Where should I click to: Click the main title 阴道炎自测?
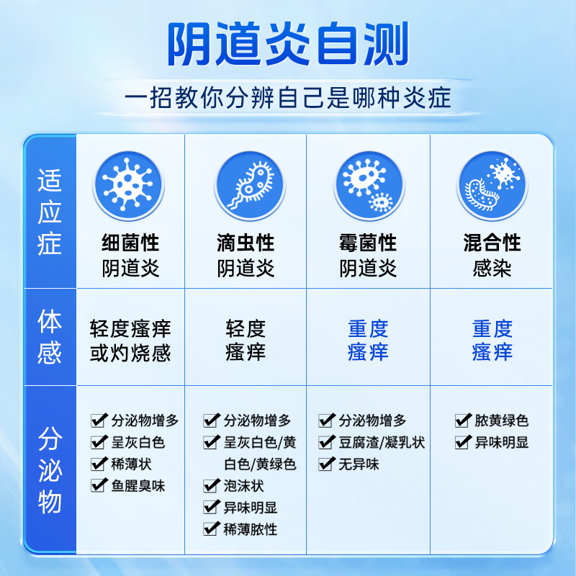[x=288, y=45]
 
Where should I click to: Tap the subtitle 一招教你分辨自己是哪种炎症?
[x=288, y=97]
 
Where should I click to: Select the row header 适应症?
[x=50, y=212]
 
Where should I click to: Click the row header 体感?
[x=50, y=337]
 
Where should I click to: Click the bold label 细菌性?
[x=130, y=242]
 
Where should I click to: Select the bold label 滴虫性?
[x=246, y=242]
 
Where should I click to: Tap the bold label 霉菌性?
[x=368, y=242]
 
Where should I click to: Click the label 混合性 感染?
[x=492, y=255]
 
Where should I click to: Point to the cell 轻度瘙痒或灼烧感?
[x=130, y=341]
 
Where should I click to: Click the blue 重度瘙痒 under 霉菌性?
[x=368, y=341]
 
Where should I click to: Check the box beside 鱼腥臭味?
[x=99, y=485]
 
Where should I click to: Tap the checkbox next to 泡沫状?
[x=211, y=485]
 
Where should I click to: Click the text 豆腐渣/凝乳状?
[x=382, y=442]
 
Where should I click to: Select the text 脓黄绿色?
[x=502, y=420]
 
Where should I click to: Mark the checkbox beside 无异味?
[x=326, y=464]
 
